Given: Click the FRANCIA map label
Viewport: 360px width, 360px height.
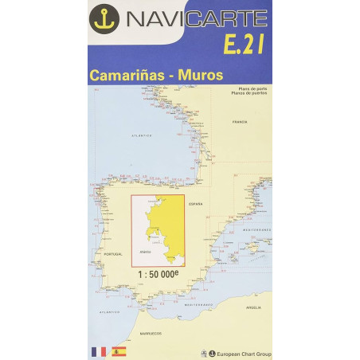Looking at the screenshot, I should point(239,122).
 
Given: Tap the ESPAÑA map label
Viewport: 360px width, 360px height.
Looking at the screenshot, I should point(196,205).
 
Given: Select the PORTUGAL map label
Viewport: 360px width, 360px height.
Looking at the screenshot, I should point(114,254).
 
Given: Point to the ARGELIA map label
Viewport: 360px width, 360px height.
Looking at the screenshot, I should point(254,307).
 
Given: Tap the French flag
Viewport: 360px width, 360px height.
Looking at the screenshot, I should point(99,351).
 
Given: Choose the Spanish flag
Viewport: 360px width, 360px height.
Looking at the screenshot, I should point(119,351).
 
